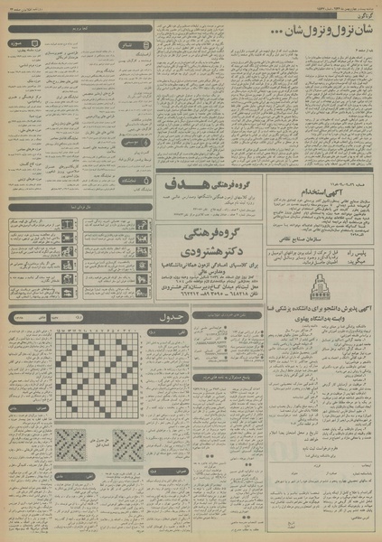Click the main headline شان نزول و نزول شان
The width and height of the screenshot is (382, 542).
311,33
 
